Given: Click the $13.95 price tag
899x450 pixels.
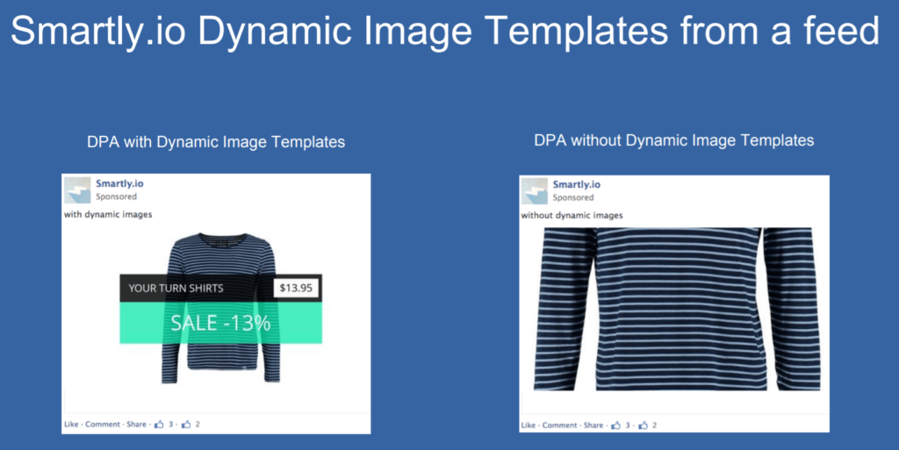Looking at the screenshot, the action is tap(296, 288).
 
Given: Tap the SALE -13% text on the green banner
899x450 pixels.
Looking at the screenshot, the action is tap(220, 324).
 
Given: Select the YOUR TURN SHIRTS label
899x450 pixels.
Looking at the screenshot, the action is tap(176, 289).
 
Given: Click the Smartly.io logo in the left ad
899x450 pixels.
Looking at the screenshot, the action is tap(77, 190).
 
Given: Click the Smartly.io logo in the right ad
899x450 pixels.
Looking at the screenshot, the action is tap(535, 191).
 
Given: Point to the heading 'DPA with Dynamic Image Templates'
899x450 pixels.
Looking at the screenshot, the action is tap(216, 142).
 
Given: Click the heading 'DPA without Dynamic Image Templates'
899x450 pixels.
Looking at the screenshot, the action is tap(673, 140).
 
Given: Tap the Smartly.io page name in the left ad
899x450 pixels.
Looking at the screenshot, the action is tap(119, 183).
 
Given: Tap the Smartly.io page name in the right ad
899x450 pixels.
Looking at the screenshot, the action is tap(576, 184).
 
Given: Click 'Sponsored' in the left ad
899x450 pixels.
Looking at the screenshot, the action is tap(116, 196).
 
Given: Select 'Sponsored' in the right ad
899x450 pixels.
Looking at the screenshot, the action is tap(572, 197).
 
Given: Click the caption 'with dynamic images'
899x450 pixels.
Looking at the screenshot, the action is tap(108, 215).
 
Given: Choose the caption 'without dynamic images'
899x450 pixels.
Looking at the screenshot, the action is tap(572, 216).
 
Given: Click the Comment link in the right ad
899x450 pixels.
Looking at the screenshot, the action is tap(559, 425).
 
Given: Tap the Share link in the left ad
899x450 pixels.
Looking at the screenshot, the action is tap(136, 425).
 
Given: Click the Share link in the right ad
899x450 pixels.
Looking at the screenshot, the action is tap(593, 425).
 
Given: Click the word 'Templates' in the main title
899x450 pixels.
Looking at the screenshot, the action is tap(576, 31).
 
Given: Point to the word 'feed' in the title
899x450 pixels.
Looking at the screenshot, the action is tap(842, 31).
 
